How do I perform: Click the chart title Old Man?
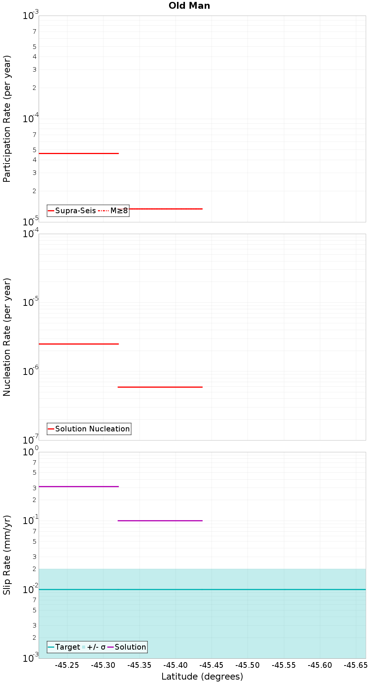pos(189,6)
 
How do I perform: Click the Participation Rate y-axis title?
pos(7,119)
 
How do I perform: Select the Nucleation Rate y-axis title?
pos(7,337)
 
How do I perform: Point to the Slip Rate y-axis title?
pos(7,555)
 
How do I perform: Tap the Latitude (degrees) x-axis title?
pos(202,676)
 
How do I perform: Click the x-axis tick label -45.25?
pos(67,665)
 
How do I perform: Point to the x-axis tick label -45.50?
pos(247,665)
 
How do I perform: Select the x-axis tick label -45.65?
pos(356,665)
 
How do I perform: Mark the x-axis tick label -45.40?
pos(175,665)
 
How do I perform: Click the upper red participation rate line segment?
pos(79,153)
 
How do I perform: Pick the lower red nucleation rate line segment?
pos(160,387)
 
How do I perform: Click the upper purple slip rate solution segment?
pos(79,486)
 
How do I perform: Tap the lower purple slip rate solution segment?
pos(160,521)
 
